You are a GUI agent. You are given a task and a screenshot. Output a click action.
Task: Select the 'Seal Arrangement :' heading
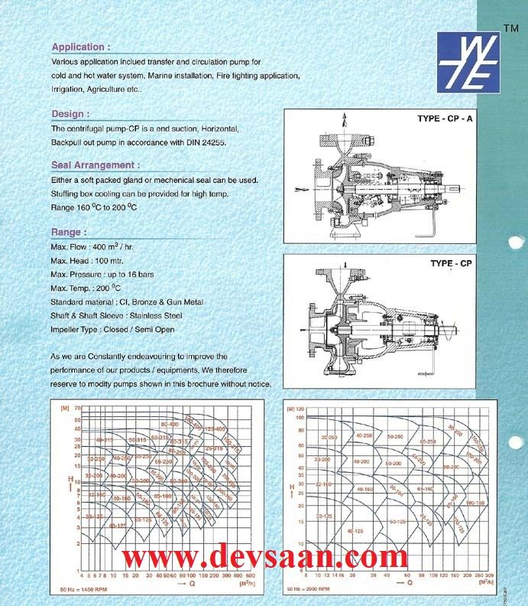click(96, 165)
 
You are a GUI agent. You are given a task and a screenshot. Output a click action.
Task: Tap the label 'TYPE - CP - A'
click(445, 119)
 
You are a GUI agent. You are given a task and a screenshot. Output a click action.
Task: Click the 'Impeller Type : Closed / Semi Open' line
click(112, 330)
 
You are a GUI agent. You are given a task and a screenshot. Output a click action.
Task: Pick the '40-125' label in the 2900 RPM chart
click(355, 529)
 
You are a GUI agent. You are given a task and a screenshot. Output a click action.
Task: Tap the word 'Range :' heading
click(69, 231)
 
